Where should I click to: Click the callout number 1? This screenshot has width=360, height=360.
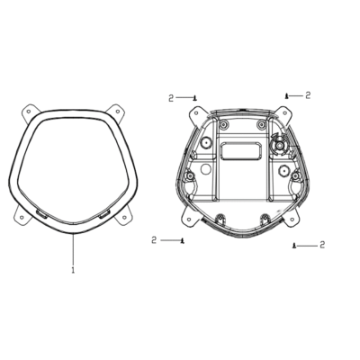[x=73, y=269]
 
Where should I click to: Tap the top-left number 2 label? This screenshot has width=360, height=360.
[x=171, y=98]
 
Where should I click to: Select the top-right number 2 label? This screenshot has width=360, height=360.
[x=308, y=95]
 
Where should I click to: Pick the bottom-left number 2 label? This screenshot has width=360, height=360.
[x=154, y=240]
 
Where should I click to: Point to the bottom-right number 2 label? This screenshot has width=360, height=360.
[x=322, y=245]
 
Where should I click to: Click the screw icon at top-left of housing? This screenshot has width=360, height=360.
[x=195, y=98]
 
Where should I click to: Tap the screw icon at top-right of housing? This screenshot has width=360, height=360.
[x=287, y=96]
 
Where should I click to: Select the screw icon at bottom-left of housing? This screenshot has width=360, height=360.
[x=182, y=240]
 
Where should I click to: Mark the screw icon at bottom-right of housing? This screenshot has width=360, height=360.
[x=294, y=246]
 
